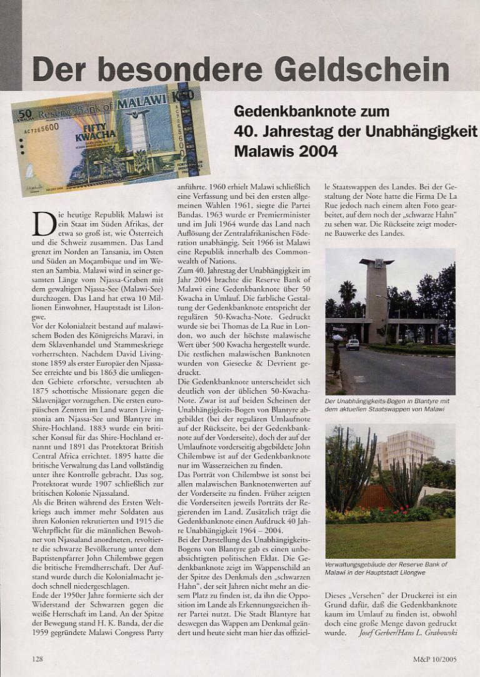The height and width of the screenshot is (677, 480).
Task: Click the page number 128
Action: point(38,658)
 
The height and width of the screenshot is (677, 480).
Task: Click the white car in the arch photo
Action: point(353,344)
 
